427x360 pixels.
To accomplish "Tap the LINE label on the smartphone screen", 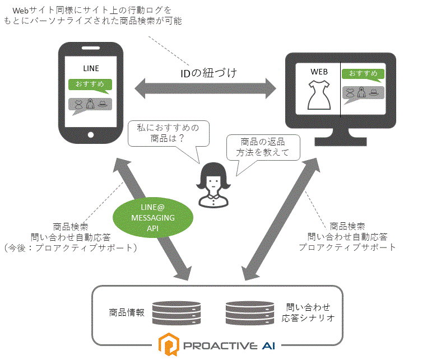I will tap(91, 68).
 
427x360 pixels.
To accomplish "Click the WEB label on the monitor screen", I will tap(319, 72).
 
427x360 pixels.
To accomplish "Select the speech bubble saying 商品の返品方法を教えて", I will tap(262, 148).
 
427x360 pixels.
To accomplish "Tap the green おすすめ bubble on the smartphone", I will tap(90, 85).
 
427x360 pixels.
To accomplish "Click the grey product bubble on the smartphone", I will tap(90, 104).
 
